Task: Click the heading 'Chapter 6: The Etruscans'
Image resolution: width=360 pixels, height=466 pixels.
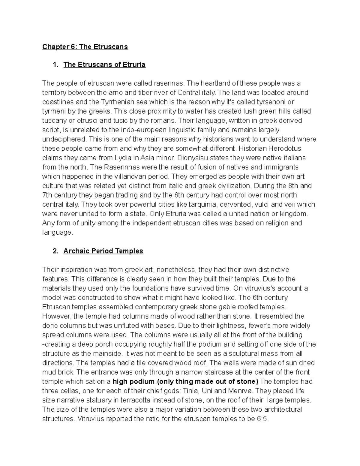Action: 85,47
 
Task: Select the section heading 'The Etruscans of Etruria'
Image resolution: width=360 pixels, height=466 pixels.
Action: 104,65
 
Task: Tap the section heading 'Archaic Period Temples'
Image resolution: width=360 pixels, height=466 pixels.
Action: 103,251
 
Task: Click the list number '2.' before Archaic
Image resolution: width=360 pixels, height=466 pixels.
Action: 55,251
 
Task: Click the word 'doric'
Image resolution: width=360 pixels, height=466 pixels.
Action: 49,326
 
